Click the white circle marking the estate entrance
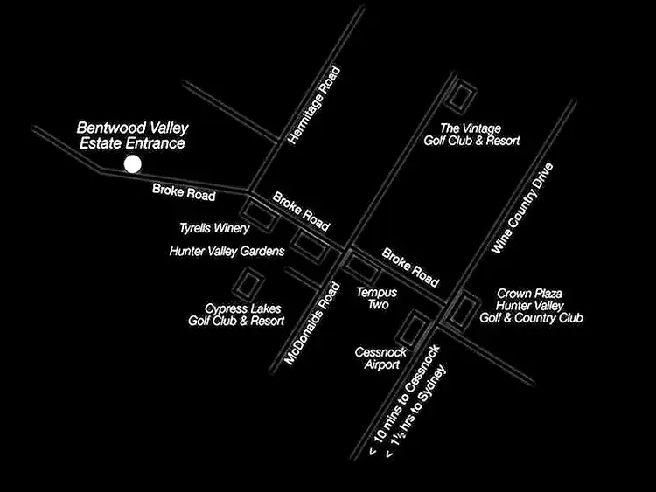click(x=132, y=163)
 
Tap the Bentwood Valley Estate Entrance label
click(x=132, y=135)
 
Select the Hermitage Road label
click(x=313, y=106)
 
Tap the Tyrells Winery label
click(x=214, y=228)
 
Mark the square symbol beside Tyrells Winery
click(x=260, y=216)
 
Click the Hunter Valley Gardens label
click(x=227, y=252)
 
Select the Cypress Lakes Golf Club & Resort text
click(x=236, y=315)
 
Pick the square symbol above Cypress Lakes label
click(x=248, y=284)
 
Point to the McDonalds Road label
click(x=311, y=322)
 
